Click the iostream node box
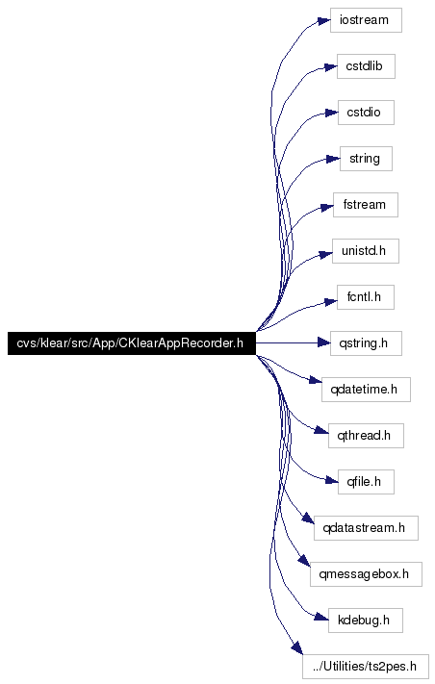click(x=366, y=20)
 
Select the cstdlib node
click(x=366, y=66)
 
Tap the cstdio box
click(x=366, y=113)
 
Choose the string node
click(x=366, y=159)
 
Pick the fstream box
click(x=366, y=205)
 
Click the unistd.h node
click(x=366, y=251)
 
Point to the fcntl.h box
click(x=366, y=297)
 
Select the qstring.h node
click(x=366, y=343)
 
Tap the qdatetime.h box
click(x=366, y=390)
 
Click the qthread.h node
click(x=366, y=436)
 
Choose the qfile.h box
click(x=366, y=482)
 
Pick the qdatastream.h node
click(x=366, y=528)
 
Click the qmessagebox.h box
click(x=366, y=574)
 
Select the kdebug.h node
click(x=366, y=621)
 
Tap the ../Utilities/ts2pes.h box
click(x=366, y=667)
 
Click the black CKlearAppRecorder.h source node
click(x=131, y=343)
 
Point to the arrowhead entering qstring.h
click(x=323, y=343)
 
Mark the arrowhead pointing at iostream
click(x=323, y=21)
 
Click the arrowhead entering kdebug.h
click(x=322, y=617)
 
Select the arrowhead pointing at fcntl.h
click(x=330, y=301)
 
